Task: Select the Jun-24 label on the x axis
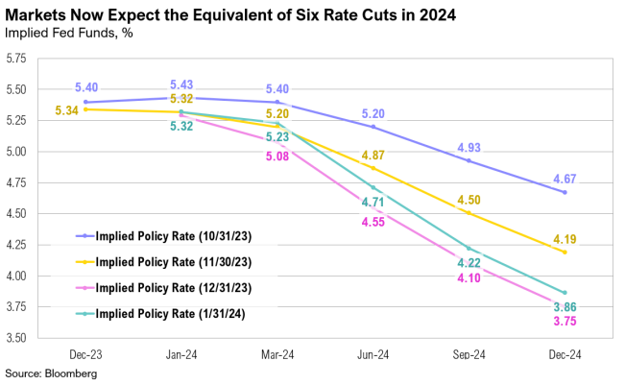click(373, 353)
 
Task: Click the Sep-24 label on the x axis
click(469, 353)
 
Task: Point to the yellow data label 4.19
click(565, 239)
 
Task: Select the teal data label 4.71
click(373, 203)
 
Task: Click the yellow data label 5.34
click(66, 110)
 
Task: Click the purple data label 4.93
click(469, 147)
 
